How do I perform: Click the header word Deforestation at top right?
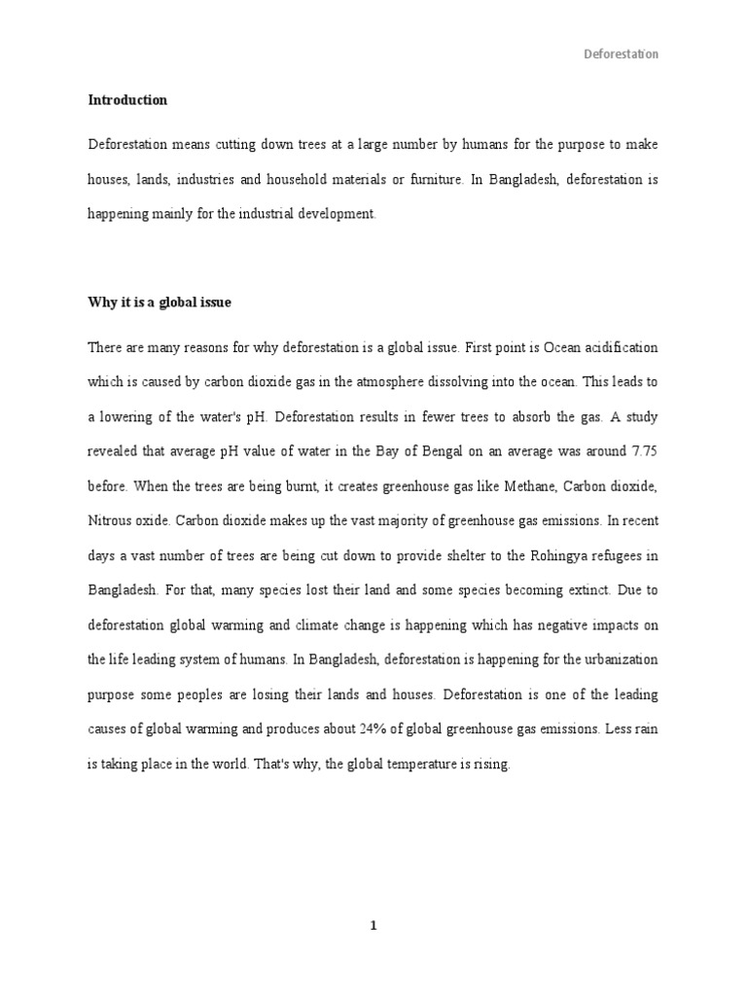tap(621, 54)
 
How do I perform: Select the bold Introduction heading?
tap(127, 100)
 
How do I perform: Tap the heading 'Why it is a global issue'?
tap(160, 303)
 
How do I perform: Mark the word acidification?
tap(612, 347)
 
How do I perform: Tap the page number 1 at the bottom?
tap(373, 926)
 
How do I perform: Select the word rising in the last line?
tap(491, 765)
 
